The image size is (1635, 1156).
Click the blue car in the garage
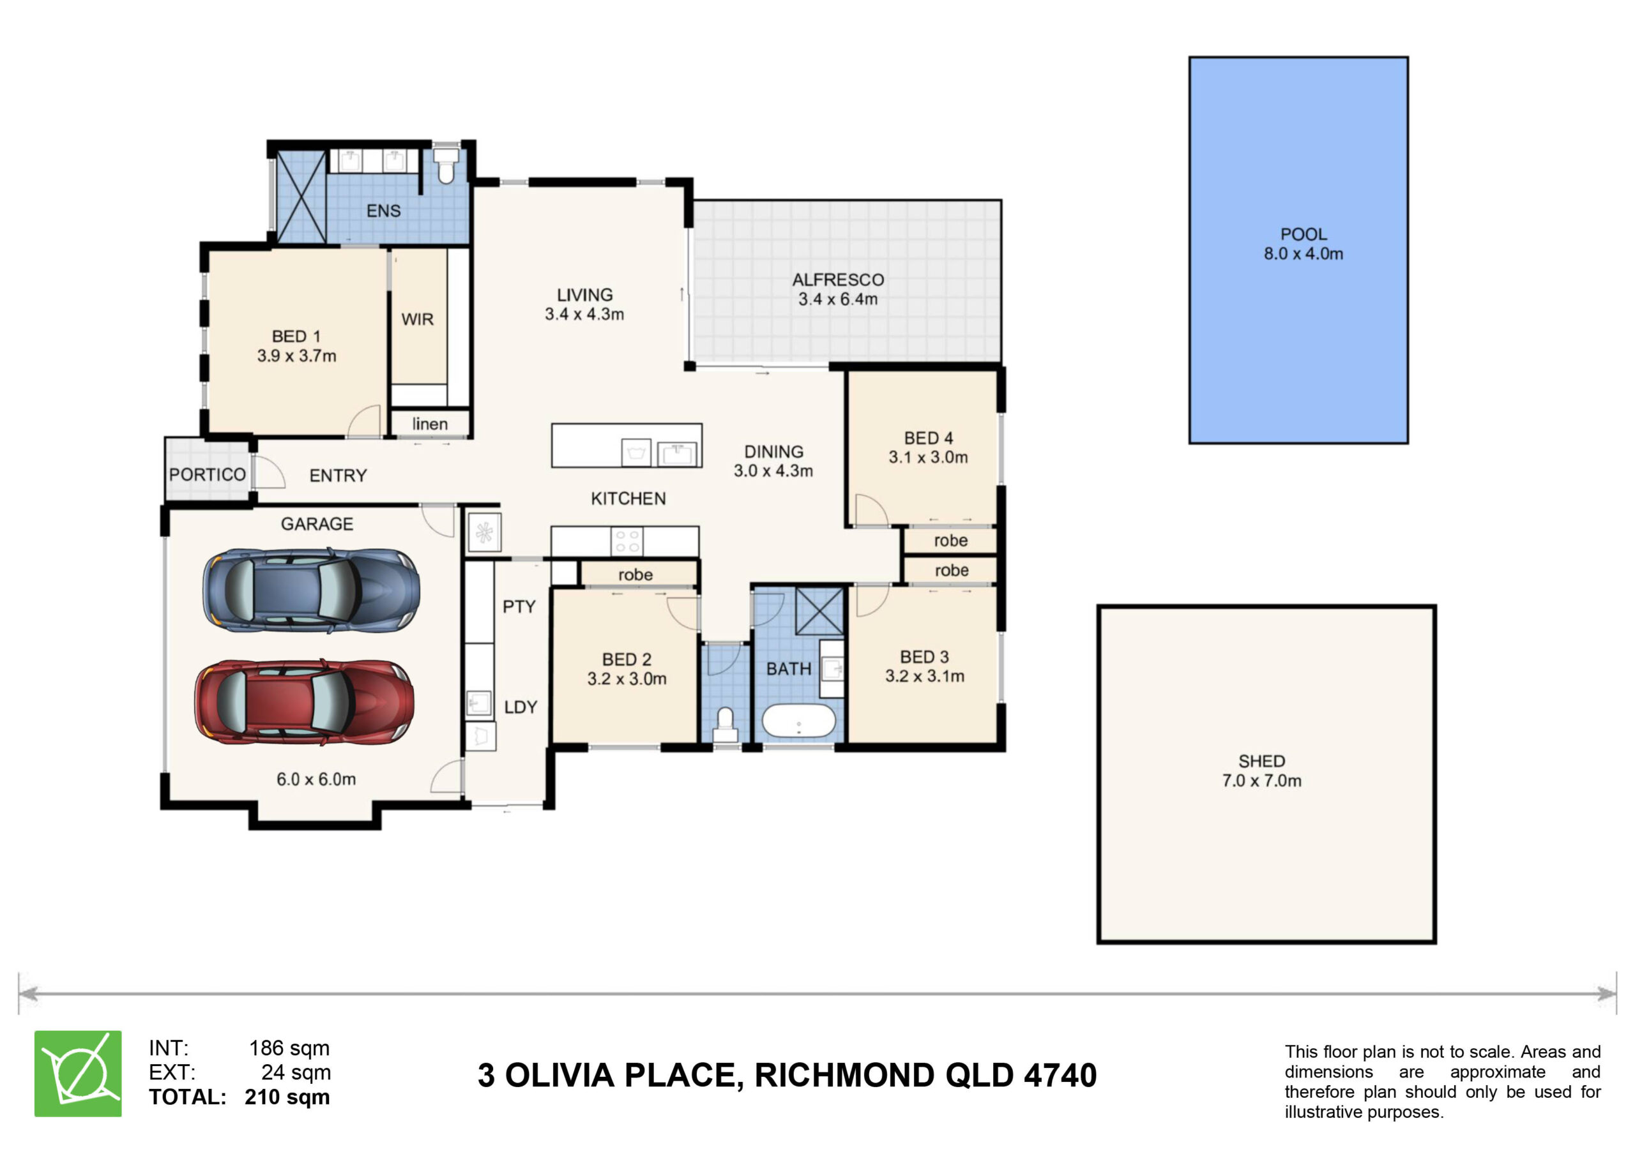(x=311, y=590)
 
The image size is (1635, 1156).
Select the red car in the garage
(x=305, y=702)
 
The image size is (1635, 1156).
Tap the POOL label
(x=1303, y=234)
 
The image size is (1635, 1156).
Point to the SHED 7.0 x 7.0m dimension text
(x=1261, y=781)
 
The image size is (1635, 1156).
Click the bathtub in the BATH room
(x=798, y=721)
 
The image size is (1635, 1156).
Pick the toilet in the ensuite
(x=446, y=165)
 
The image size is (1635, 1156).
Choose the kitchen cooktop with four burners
(x=627, y=541)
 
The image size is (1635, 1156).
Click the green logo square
(x=78, y=1074)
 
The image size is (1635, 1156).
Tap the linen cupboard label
(x=429, y=424)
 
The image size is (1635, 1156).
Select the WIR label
(x=417, y=319)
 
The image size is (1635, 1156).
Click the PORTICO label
(x=207, y=475)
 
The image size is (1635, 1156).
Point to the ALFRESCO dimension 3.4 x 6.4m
(x=837, y=299)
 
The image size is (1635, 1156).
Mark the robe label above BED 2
(x=635, y=574)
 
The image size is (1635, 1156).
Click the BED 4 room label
(x=928, y=438)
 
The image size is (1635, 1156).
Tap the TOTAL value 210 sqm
(x=287, y=1097)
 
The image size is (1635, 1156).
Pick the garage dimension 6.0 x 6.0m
(x=316, y=779)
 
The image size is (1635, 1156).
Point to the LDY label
(x=521, y=707)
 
